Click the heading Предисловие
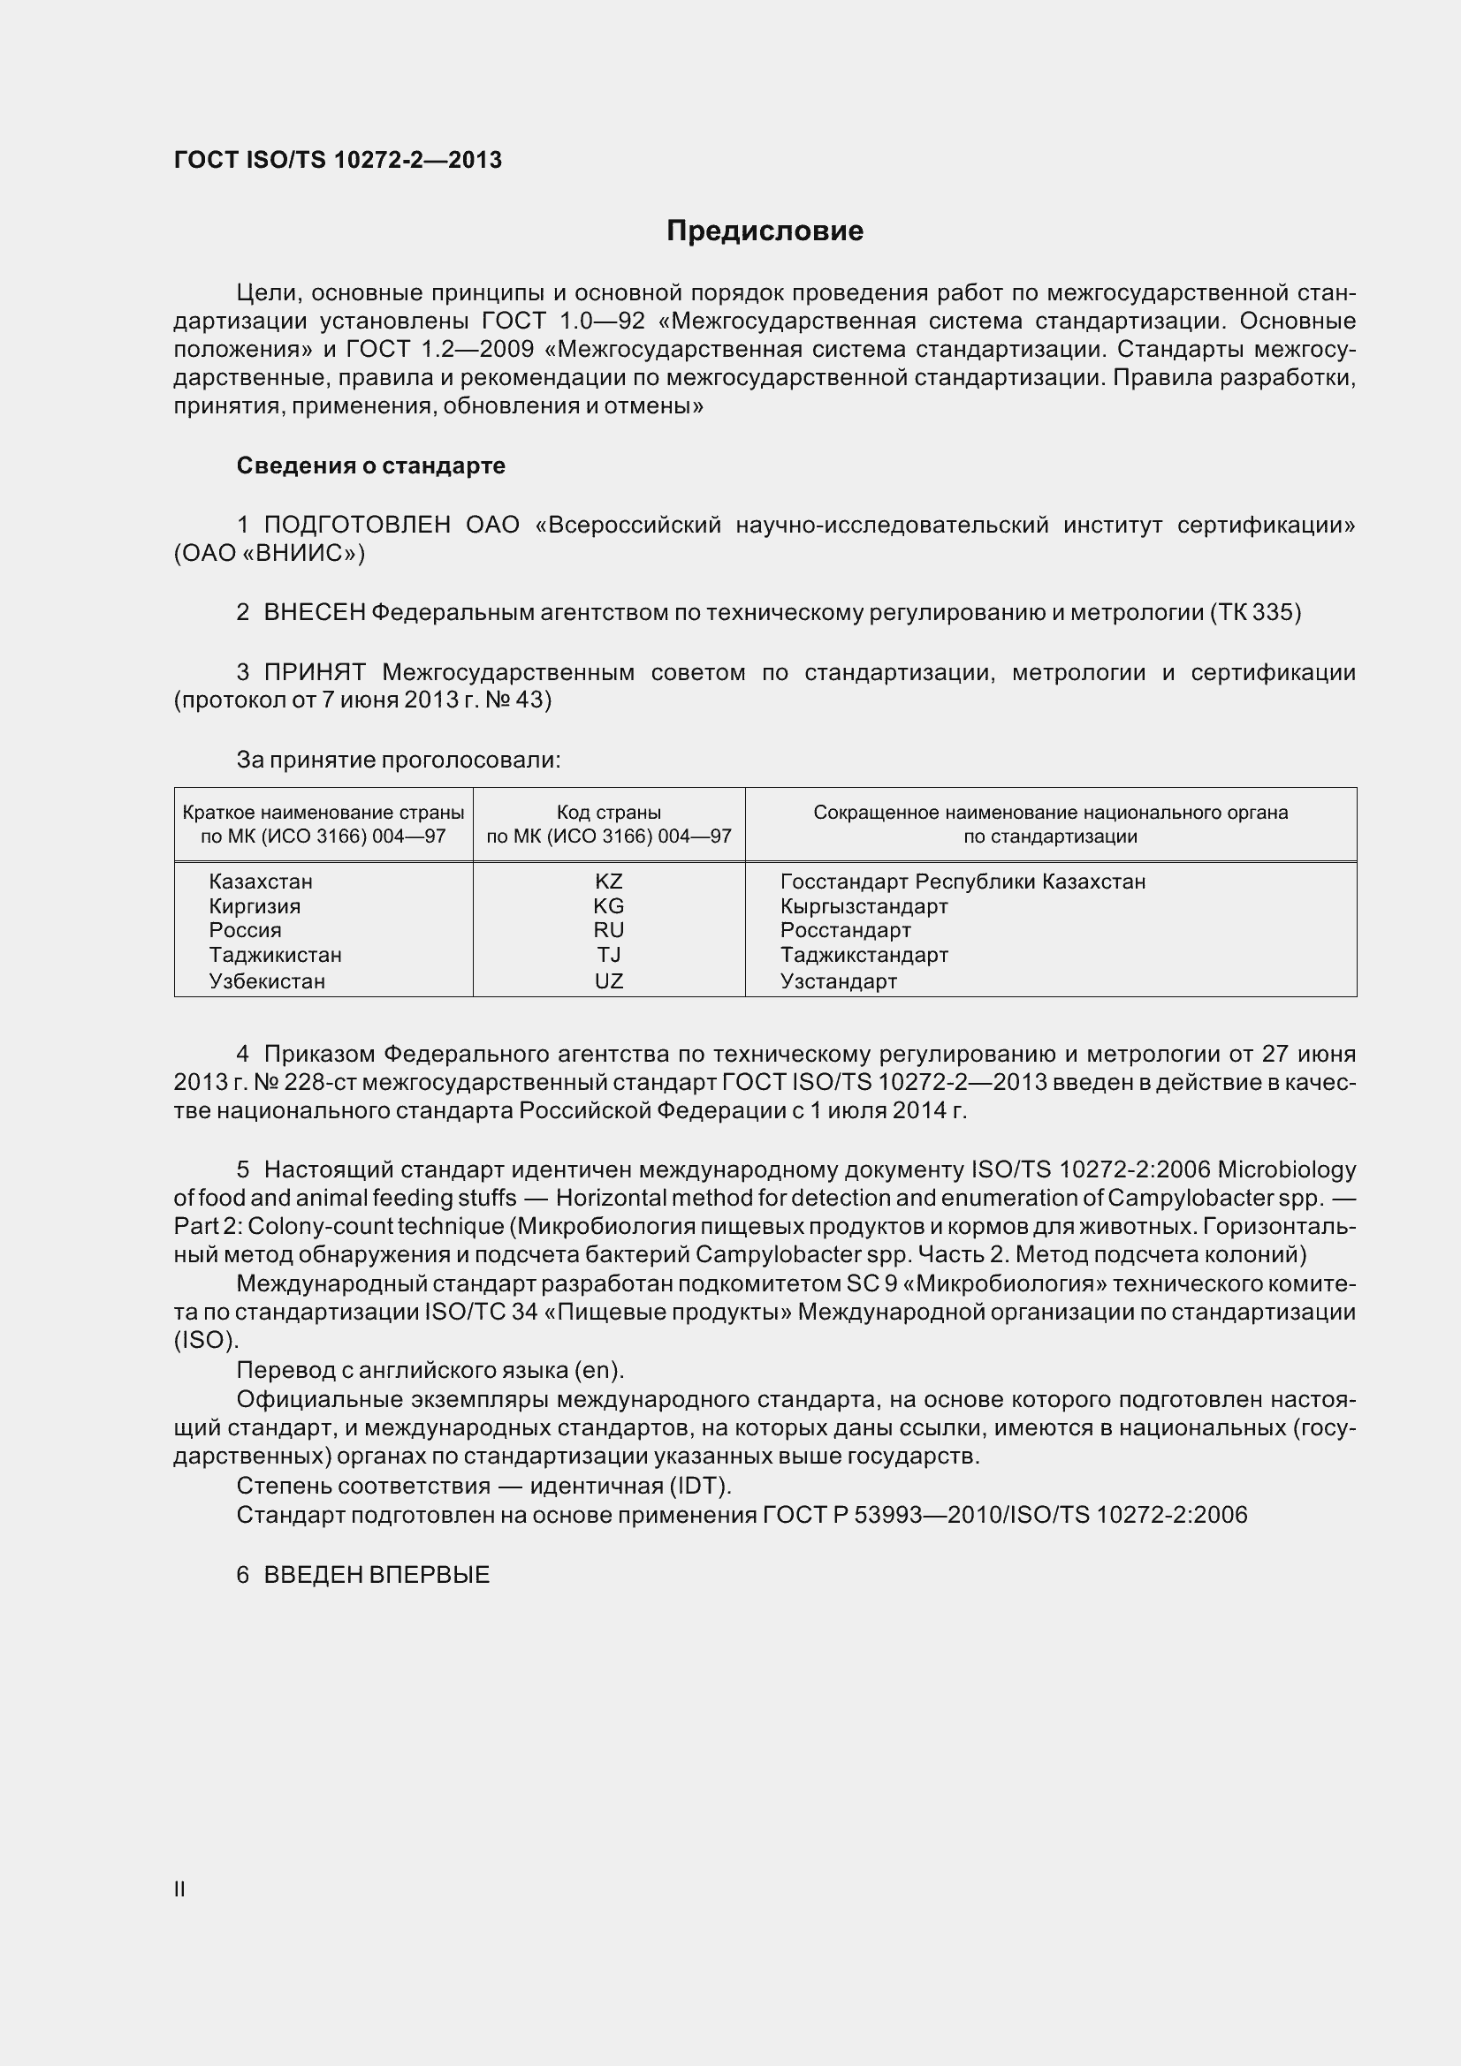(765, 231)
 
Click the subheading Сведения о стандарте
(370, 465)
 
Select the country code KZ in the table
(608, 882)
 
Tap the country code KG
(608, 906)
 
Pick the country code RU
(608, 930)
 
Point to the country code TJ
(608, 955)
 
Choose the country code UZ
(608, 980)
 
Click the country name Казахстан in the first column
(260, 882)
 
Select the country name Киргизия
(255, 906)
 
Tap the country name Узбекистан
(266, 980)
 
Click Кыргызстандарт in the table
(864, 906)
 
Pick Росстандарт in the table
(845, 930)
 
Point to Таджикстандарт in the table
(864, 955)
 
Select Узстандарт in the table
(838, 980)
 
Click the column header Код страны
(608, 813)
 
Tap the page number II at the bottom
(179, 1889)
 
